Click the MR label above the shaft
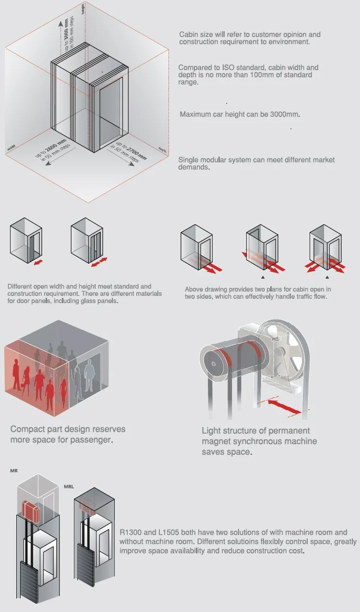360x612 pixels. click(14, 470)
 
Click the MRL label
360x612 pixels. click(69, 486)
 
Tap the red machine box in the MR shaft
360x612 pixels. click(32, 511)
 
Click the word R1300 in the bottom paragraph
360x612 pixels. click(132, 532)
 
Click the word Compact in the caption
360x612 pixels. click(26, 429)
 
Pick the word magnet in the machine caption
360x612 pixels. click(216, 441)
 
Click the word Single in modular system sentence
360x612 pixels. click(189, 160)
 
